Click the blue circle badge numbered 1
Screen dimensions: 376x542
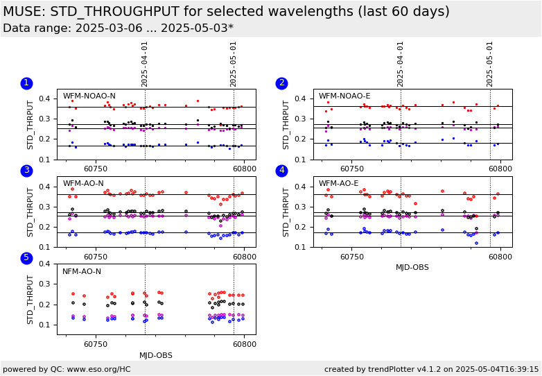(26, 83)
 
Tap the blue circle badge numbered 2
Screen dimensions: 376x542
(282, 83)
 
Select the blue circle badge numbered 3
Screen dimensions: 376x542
(26, 171)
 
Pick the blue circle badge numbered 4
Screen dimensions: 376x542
(282, 171)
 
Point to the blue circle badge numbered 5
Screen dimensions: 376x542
(26, 258)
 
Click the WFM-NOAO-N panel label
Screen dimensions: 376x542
(89, 96)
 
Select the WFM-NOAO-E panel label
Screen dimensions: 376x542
(344, 96)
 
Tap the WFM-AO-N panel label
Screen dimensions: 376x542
(83, 184)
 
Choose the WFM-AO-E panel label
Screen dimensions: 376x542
(339, 184)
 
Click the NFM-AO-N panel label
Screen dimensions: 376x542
(82, 272)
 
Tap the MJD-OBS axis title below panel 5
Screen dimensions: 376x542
(156, 356)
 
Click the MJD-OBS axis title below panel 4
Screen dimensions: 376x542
(412, 267)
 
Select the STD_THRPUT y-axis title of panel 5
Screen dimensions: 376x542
(30, 299)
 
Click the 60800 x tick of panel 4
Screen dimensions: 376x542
(500, 256)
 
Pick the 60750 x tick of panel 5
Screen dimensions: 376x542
(96, 343)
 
